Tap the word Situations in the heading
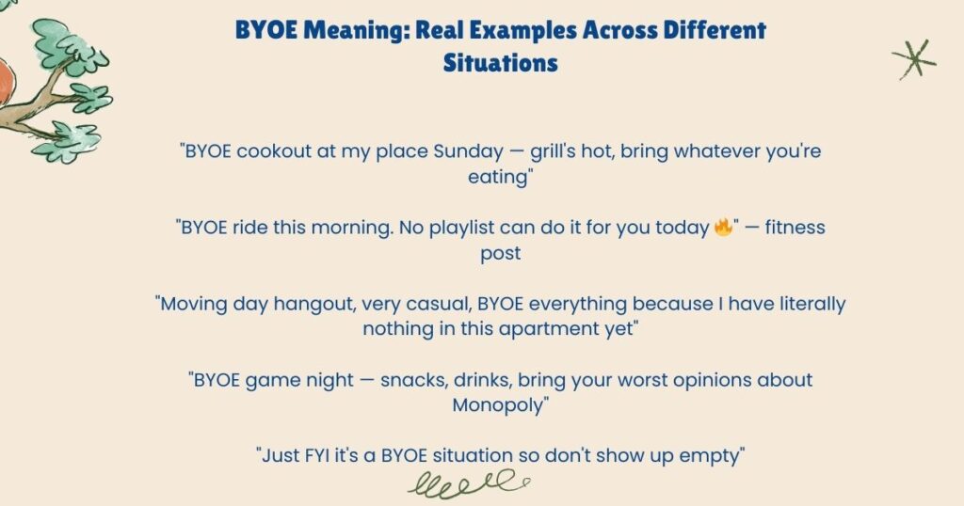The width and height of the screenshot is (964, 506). [x=500, y=63]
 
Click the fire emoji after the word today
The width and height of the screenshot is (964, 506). [x=723, y=228]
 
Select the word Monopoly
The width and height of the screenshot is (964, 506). [x=498, y=405]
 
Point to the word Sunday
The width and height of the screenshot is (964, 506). [x=469, y=151]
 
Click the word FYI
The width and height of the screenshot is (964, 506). [x=325, y=456]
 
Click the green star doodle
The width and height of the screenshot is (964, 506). [x=913, y=58]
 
